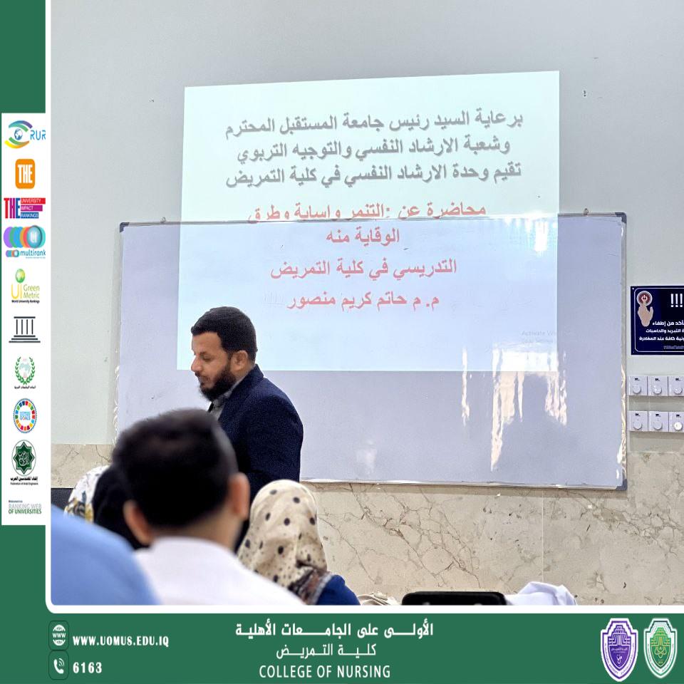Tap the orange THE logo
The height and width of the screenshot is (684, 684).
(25, 173)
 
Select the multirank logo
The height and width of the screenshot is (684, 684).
(24, 241)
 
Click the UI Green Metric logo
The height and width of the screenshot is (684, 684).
(24, 286)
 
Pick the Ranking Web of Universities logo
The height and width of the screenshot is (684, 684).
(24, 507)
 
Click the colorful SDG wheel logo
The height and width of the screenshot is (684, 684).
(25, 415)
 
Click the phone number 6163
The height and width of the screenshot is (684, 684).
(88, 668)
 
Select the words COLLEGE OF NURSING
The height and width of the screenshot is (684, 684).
(324, 671)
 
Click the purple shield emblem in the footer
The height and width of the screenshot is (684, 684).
(618, 648)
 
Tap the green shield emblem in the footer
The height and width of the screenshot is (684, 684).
(660, 648)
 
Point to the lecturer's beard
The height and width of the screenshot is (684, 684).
(217, 385)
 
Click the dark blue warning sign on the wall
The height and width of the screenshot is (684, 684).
(657, 320)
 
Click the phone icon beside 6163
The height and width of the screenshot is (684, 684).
(59, 665)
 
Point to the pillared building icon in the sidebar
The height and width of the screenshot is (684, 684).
(25, 330)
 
